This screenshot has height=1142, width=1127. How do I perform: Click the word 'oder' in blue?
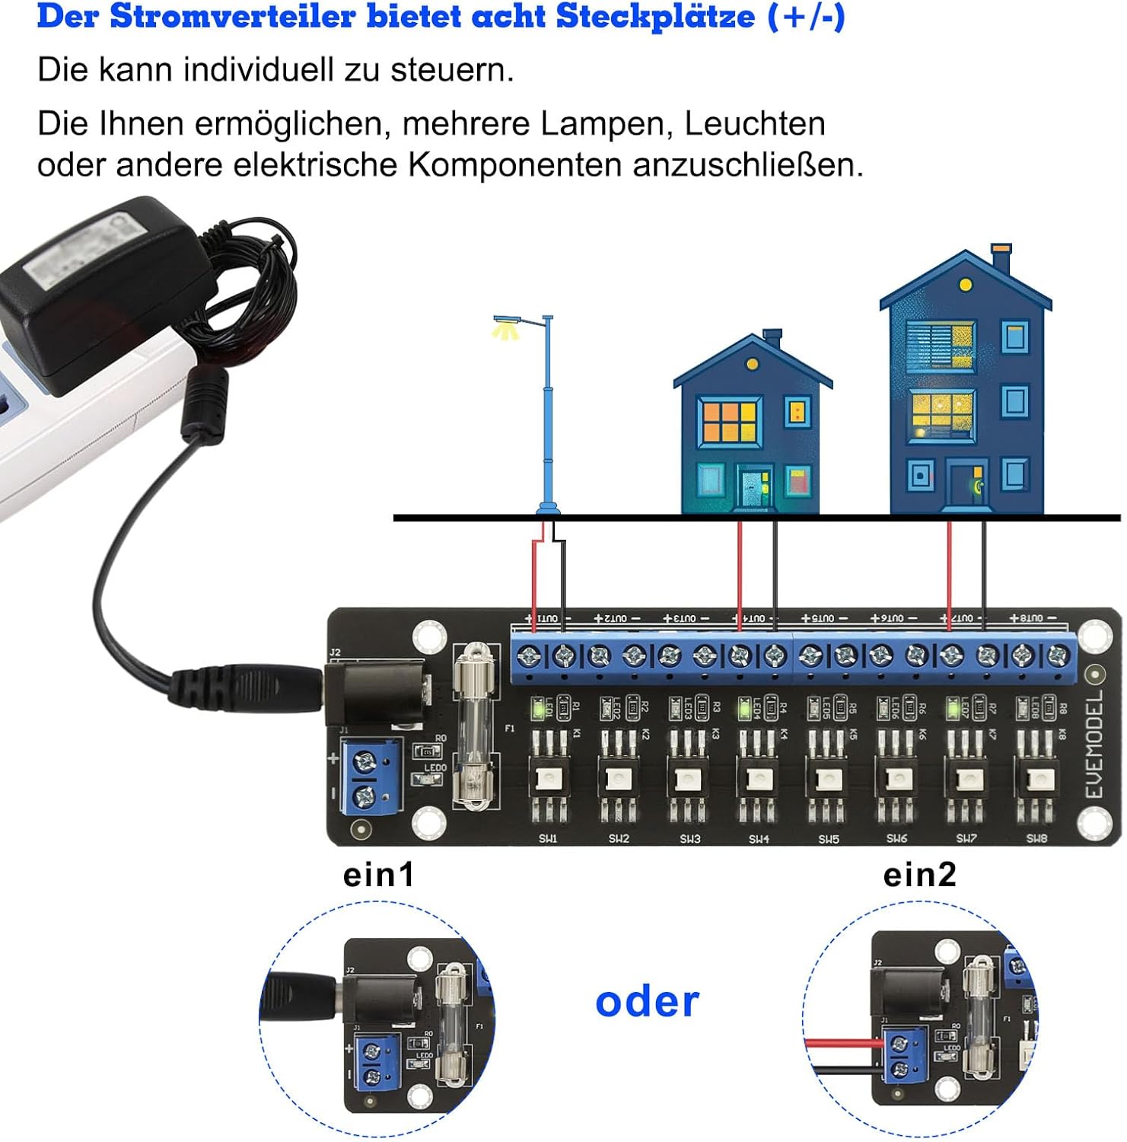[647, 1003]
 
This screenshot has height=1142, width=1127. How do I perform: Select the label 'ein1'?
[379, 875]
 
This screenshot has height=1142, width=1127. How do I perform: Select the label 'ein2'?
[919, 875]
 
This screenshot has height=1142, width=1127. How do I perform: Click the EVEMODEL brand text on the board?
[1094, 745]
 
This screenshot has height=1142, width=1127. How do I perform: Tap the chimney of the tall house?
[1001, 259]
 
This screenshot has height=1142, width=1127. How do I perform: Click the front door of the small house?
[755, 488]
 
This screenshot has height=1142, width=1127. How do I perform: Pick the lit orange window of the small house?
[730, 421]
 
